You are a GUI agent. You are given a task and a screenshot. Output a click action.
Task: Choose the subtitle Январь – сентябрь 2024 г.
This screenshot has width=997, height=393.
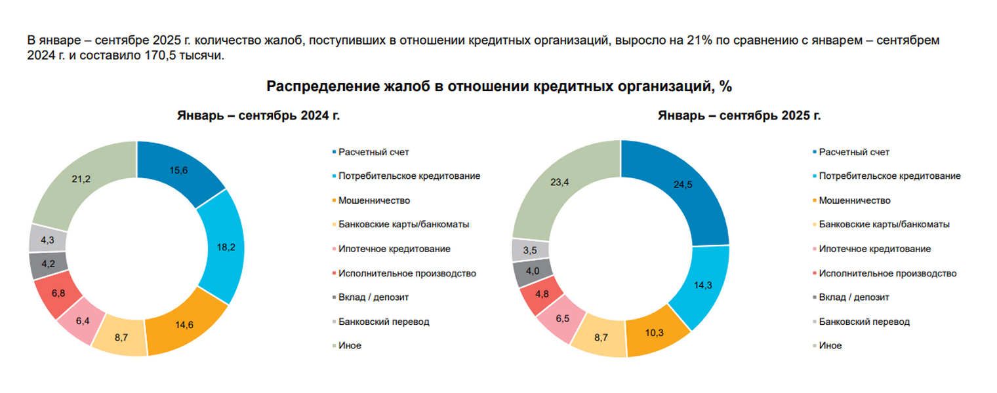258,116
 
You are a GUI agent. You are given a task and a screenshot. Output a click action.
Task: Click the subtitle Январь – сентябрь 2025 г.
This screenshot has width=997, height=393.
739,116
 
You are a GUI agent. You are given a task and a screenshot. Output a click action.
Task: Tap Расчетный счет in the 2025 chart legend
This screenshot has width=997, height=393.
854,152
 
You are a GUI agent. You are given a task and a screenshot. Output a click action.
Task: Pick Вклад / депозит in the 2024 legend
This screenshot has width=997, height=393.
373,297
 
